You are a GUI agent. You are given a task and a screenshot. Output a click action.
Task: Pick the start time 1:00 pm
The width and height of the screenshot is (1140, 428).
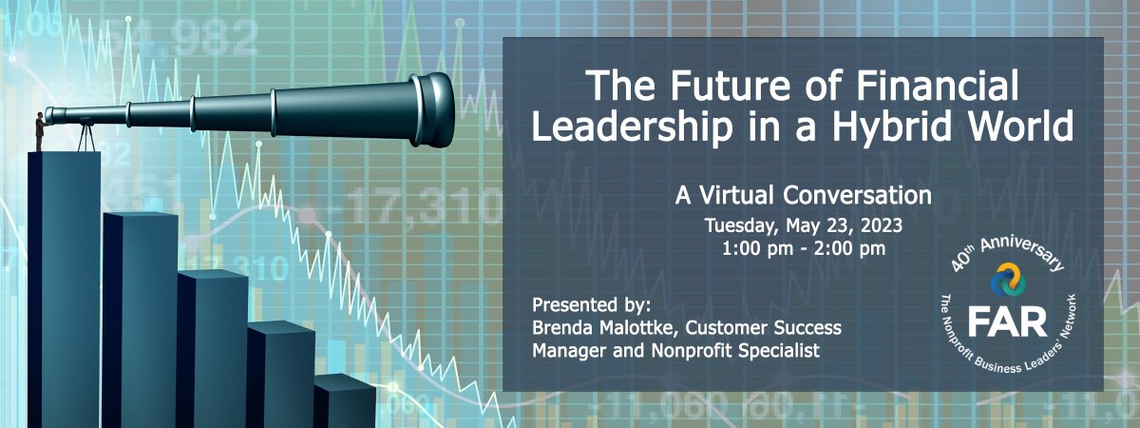[755, 250]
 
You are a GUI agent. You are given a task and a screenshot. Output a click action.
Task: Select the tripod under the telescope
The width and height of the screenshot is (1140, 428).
[86, 137]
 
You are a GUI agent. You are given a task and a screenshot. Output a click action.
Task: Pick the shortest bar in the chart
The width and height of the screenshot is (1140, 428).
[344, 399]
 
